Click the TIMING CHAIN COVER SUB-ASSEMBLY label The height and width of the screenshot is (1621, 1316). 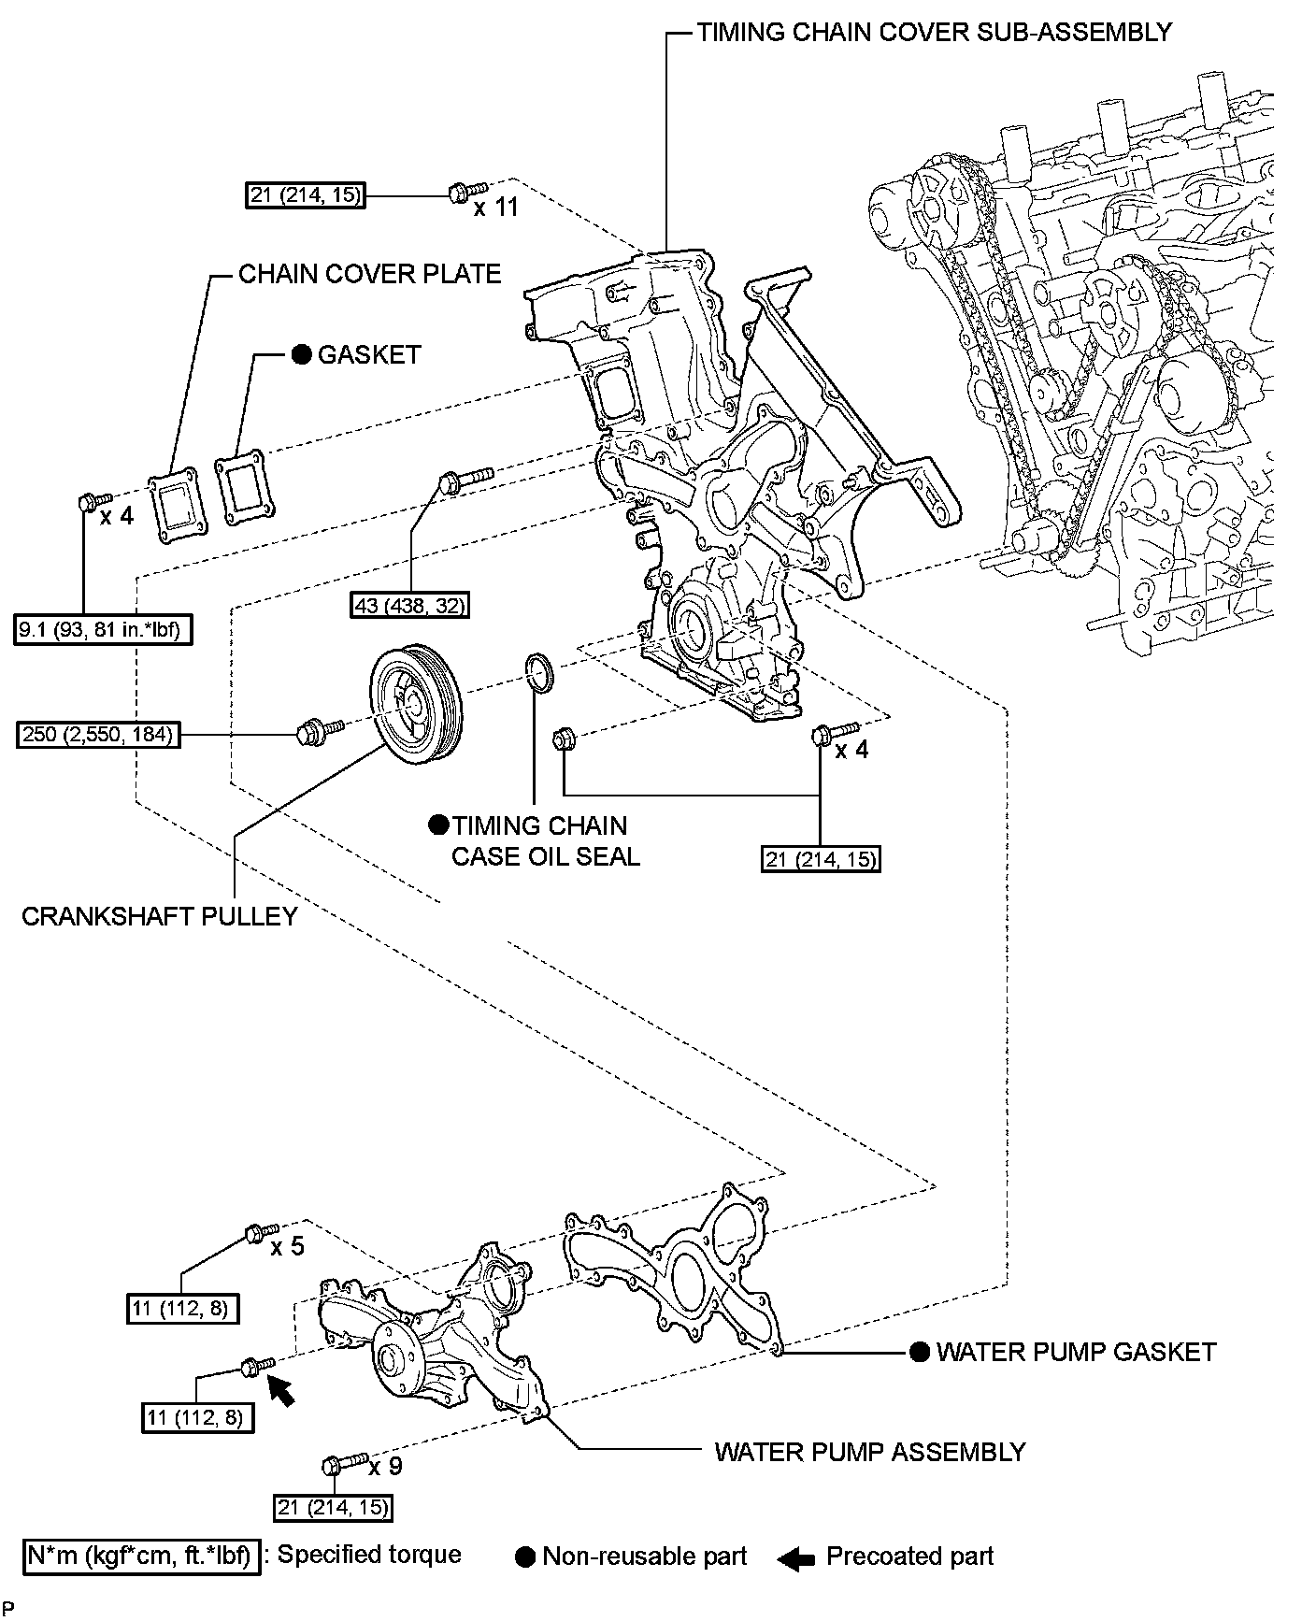(x=934, y=32)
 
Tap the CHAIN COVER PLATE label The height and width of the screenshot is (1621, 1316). (x=369, y=274)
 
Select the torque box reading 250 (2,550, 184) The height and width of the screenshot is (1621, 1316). (x=97, y=735)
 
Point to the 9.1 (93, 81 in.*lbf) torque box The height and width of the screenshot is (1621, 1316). (x=104, y=630)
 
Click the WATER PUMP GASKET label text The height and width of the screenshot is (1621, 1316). (x=1076, y=1352)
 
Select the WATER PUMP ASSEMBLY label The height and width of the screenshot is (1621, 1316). (x=870, y=1452)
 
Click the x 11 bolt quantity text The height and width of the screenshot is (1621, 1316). (x=495, y=208)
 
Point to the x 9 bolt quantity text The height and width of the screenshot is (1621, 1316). (x=385, y=1466)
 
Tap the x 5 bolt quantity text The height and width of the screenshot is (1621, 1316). (x=287, y=1247)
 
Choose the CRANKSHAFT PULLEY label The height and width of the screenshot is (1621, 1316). (x=159, y=916)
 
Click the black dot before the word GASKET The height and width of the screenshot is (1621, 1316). (x=301, y=354)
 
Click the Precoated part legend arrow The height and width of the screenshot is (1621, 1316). (x=795, y=1557)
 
